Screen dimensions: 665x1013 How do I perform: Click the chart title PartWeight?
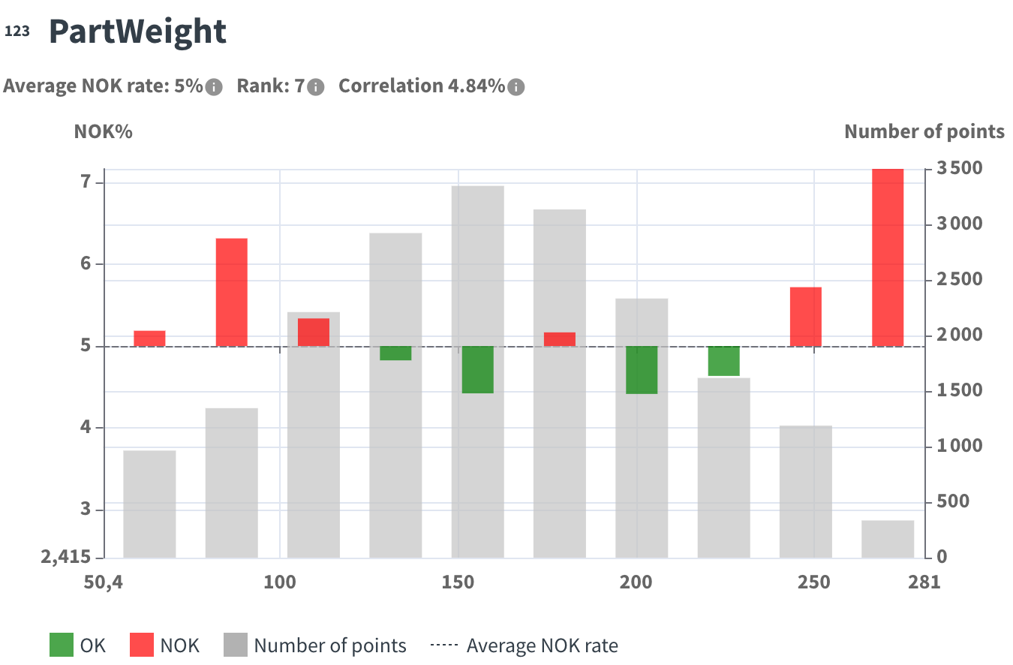[x=137, y=32]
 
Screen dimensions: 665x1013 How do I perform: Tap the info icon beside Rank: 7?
[x=316, y=87]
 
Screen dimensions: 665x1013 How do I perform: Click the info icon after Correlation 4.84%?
[x=516, y=87]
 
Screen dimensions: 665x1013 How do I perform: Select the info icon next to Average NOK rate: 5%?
[x=214, y=87]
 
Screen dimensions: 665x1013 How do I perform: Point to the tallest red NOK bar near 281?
[x=888, y=257]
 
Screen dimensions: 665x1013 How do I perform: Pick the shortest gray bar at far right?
[x=888, y=539]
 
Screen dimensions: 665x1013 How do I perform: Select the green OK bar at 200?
[x=642, y=370]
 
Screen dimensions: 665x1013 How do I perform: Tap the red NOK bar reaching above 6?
[x=232, y=292]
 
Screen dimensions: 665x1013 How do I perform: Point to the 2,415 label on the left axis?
[x=66, y=557]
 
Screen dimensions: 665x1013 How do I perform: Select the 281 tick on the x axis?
[x=923, y=582]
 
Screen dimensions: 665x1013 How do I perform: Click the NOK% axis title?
[x=103, y=132]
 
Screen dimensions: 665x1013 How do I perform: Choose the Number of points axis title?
[x=924, y=132]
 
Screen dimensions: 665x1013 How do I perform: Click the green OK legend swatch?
[x=62, y=645]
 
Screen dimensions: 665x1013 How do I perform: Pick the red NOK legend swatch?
[x=142, y=645]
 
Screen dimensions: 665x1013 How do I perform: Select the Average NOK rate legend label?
[x=542, y=645]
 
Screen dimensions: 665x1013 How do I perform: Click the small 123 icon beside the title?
[x=17, y=32]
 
